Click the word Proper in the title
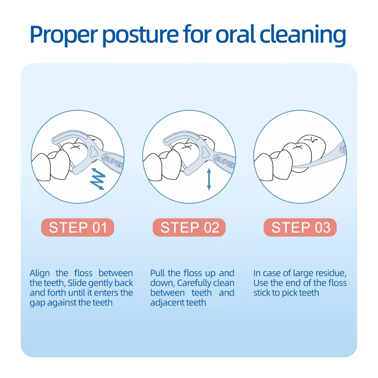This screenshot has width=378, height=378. point(64,34)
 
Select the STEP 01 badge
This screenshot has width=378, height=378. point(77,227)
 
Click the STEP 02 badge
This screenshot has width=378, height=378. point(189,227)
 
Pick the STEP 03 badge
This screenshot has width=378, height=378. point(300,227)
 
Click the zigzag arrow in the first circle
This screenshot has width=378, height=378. point(98,179)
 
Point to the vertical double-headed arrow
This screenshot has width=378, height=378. point(209,179)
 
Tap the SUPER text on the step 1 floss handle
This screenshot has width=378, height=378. point(113,161)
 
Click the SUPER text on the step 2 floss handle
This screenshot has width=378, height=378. point(224,161)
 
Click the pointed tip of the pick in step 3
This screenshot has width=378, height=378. point(294,166)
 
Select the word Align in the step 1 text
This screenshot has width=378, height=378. point(40,274)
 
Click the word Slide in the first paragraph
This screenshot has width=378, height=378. point(76,283)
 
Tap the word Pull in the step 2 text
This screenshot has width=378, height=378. point(158,273)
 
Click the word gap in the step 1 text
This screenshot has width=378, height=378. point(37,303)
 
